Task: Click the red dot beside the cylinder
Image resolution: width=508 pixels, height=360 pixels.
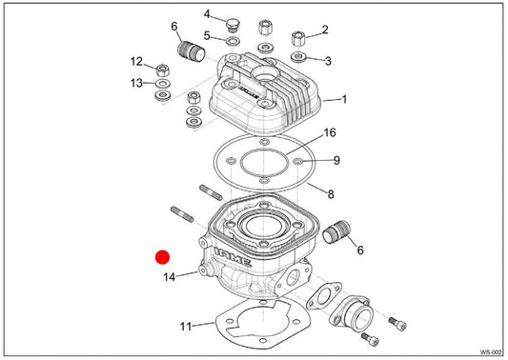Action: point(162,257)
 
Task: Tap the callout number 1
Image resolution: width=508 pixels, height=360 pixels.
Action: point(344,99)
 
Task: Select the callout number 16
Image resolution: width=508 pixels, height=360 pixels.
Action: point(330,132)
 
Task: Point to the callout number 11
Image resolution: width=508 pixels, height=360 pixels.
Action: point(186,326)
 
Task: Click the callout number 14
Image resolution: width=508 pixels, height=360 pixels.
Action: point(169,277)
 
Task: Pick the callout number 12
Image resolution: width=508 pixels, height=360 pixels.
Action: point(136,61)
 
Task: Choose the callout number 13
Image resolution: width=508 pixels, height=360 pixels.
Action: point(136,83)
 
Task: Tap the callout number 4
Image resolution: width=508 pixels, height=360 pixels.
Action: point(207,14)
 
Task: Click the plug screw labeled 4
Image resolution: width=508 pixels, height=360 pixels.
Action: point(232,25)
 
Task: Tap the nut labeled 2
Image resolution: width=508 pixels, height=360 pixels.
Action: point(298,39)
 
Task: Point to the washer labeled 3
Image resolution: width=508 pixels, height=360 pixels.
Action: point(298,57)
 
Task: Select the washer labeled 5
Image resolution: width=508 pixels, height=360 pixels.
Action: point(233,41)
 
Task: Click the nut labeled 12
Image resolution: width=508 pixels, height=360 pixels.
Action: point(163,70)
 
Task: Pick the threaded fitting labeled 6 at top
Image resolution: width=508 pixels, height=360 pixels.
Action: point(192,51)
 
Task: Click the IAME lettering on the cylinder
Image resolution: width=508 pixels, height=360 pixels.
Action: point(233,257)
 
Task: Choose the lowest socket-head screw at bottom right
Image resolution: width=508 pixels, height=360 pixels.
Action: point(370,339)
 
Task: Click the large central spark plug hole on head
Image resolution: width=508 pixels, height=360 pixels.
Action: point(264,73)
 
